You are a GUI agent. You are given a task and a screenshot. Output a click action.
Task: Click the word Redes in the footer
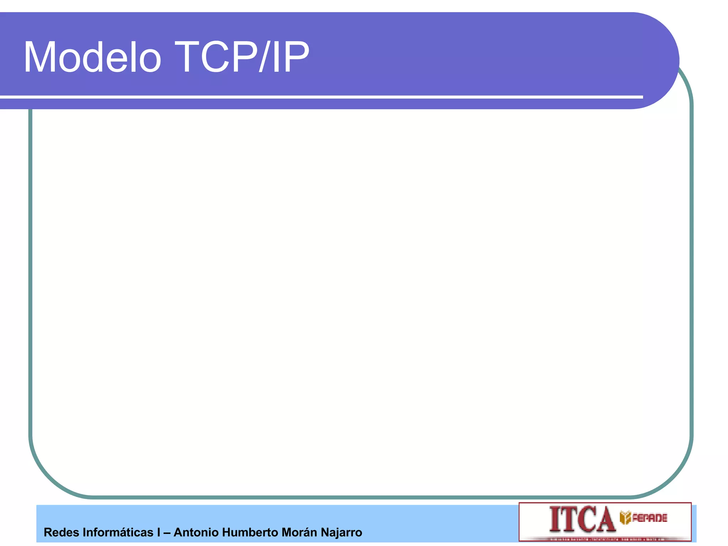click(61, 532)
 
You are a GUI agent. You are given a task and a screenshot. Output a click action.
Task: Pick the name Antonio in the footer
click(196, 532)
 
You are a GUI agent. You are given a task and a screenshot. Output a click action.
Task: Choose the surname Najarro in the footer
click(341, 532)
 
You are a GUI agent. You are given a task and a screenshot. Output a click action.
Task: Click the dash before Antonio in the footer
click(167, 532)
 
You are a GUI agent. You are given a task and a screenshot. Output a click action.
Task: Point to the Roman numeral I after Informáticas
click(159, 532)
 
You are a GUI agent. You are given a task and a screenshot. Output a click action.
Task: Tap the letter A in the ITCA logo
click(604, 520)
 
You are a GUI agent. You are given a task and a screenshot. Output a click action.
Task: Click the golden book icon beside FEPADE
click(625, 518)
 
